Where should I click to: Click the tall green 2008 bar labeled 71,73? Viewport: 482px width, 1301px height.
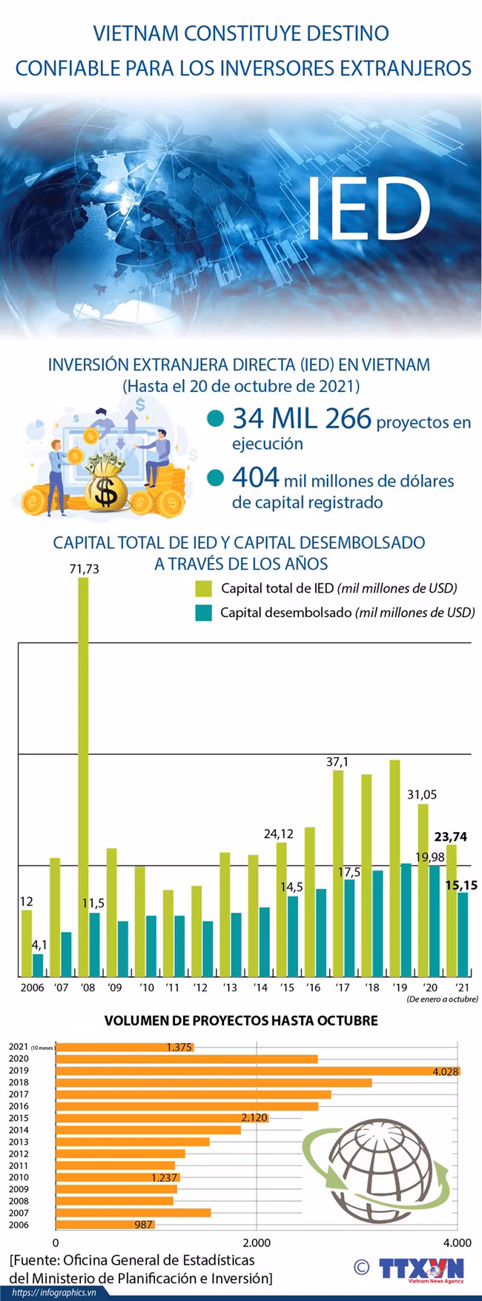[x=83, y=776]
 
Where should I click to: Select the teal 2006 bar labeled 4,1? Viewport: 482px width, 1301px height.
[x=38, y=965]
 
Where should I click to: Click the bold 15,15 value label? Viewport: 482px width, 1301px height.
[x=461, y=885]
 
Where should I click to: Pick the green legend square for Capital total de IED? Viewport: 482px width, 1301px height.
[x=204, y=589]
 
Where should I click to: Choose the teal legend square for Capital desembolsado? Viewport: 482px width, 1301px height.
[x=204, y=613]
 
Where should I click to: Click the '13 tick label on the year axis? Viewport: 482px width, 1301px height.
[x=230, y=988]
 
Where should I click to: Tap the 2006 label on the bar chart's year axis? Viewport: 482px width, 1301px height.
[x=32, y=988]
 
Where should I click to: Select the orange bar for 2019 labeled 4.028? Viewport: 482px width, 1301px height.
[x=258, y=1071]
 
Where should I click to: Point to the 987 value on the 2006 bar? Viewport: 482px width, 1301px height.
[x=144, y=1225]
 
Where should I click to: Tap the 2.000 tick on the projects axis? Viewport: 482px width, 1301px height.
[x=256, y=1242]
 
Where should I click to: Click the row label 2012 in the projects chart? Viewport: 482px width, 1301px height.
[x=19, y=1154]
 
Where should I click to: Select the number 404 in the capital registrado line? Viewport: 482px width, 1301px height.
[x=255, y=478]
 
